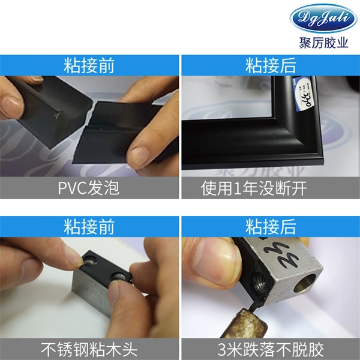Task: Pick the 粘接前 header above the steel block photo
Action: click(89, 226)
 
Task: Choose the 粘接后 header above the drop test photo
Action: click(271, 226)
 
